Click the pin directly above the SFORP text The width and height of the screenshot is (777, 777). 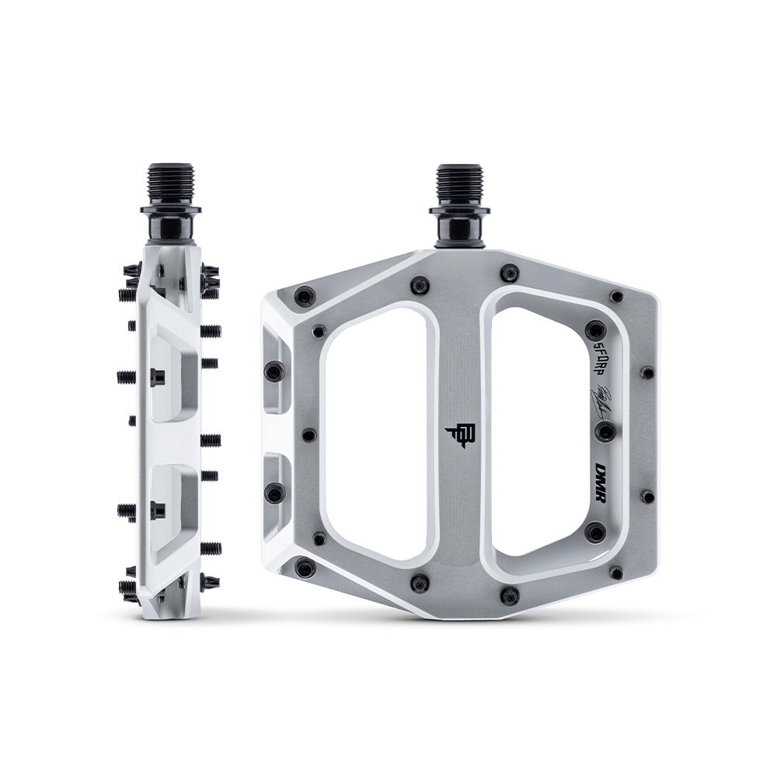[594, 329]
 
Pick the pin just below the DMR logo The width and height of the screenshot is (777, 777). [595, 532]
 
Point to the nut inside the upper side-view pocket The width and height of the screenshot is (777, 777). [158, 377]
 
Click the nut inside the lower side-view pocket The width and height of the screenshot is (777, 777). [158, 510]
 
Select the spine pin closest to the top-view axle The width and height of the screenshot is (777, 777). [510, 273]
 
